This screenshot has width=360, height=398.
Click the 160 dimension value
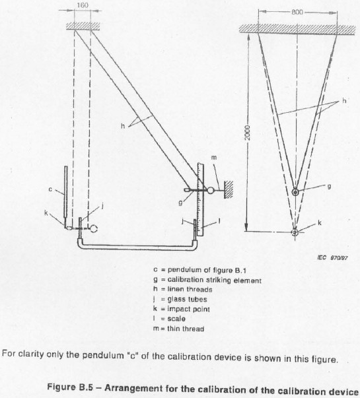[83, 5]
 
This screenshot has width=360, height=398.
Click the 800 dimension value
[297, 12]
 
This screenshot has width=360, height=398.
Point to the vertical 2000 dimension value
[248, 133]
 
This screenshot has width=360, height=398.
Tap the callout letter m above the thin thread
[214, 158]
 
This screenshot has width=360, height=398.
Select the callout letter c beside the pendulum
[50, 189]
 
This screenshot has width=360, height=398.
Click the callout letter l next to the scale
[219, 221]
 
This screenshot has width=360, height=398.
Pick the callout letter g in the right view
[329, 187]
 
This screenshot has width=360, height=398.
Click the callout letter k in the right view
[320, 223]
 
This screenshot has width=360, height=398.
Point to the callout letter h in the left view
[123, 126]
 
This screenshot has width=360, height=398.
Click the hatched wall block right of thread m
[229, 189]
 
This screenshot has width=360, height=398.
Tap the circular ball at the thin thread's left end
[211, 190]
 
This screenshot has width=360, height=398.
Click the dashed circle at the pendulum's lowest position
[94, 228]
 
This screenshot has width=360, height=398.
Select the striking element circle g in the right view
[295, 192]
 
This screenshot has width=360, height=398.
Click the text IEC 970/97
[332, 258]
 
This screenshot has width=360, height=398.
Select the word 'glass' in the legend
[176, 299]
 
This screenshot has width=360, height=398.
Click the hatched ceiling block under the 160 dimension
[83, 26]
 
